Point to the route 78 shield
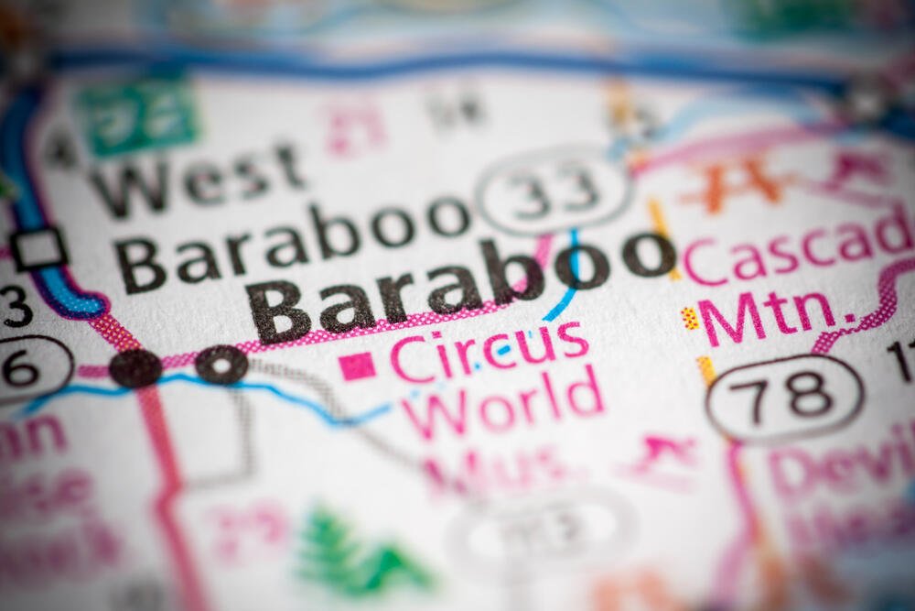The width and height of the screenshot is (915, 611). tap(783, 397)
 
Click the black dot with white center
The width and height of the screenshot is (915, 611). tap(221, 365)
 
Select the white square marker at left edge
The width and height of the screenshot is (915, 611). tap(38, 248)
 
